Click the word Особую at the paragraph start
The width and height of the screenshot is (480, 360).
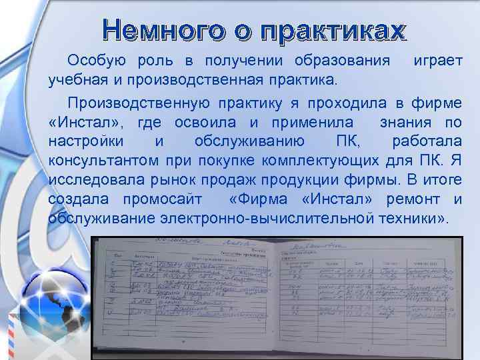pyautogui.click(x=94, y=61)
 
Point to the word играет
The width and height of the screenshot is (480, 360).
pyautogui.click(x=438, y=61)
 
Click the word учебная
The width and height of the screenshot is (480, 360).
pyautogui.click(x=75, y=81)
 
